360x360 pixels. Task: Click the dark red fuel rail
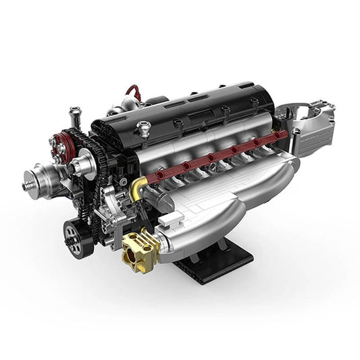click(223, 153)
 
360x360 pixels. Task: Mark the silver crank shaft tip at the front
click(28, 181)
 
